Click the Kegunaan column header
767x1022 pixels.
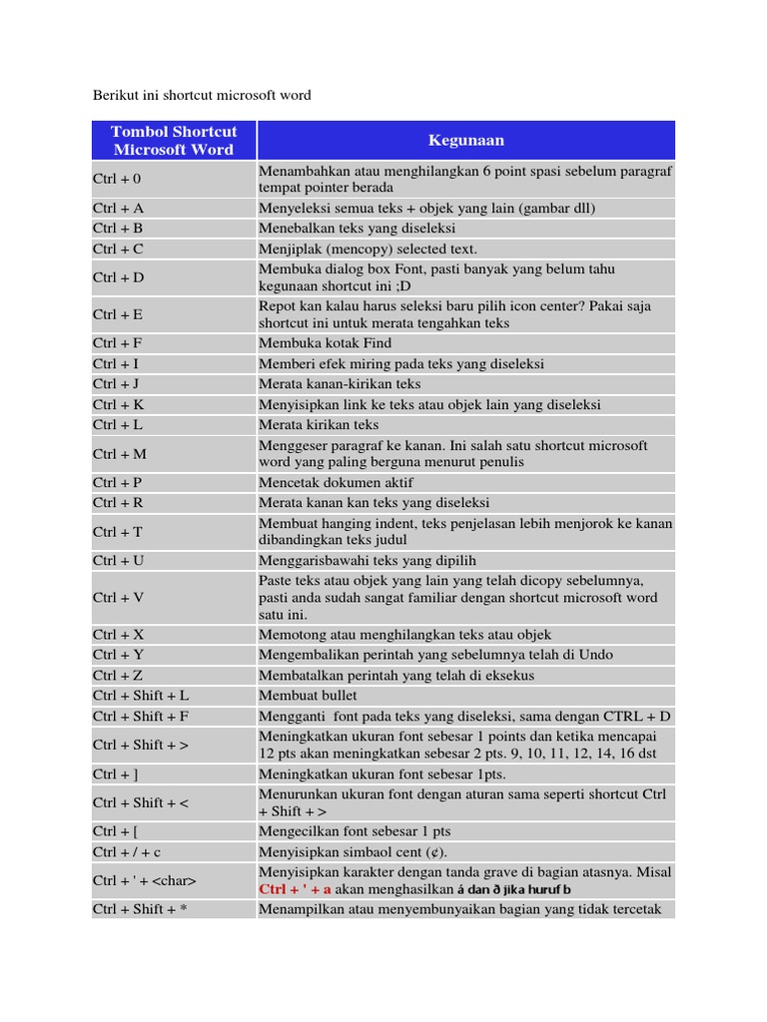point(465,141)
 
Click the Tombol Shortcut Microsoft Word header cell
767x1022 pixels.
point(174,141)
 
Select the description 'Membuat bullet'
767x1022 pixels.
point(308,695)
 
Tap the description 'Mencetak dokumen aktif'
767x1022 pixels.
point(337,482)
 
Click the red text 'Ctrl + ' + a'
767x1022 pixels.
point(295,889)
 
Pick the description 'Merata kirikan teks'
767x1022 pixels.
point(320,424)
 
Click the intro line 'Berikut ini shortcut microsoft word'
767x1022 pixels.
point(202,95)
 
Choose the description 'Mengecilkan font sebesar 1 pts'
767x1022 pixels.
point(355,831)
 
